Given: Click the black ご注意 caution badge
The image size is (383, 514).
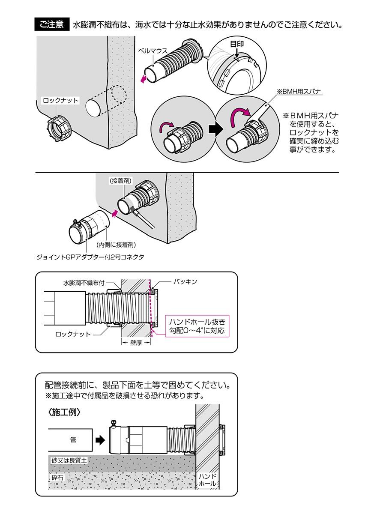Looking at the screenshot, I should click(52, 24).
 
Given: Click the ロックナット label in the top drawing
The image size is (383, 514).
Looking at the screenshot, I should click(61, 101).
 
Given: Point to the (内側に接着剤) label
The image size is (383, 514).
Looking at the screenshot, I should click(117, 245).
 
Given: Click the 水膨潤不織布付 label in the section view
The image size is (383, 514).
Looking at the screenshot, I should click(84, 283).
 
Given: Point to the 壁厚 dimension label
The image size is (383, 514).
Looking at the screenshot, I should click(135, 343).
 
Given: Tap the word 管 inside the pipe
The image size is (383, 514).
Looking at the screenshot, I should click(72, 439).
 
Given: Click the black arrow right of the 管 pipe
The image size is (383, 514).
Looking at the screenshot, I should click(100, 439).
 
